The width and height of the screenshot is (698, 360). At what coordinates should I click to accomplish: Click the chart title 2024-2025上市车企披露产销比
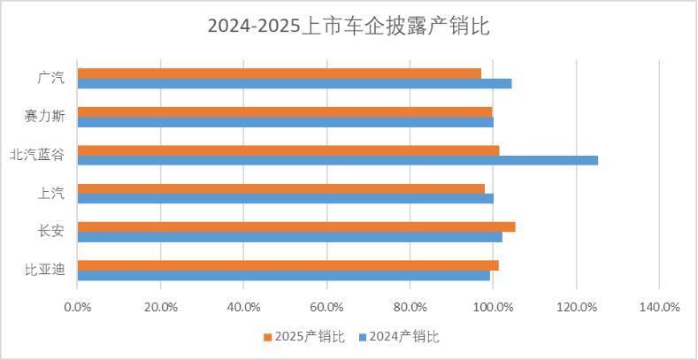[349, 27]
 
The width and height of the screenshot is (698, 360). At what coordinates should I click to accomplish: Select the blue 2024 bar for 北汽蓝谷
[337, 160]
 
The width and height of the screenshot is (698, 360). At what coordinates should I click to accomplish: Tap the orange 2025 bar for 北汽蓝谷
[288, 150]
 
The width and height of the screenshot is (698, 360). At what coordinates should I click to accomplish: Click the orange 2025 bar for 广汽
[280, 73]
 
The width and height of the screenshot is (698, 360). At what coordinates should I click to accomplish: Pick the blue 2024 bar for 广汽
[295, 83]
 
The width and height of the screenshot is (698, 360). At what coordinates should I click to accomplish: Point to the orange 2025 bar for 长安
[296, 227]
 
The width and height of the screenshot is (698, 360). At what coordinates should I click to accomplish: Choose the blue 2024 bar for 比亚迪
[284, 275]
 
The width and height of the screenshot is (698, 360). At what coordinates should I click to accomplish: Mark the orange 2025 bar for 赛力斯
[285, 111]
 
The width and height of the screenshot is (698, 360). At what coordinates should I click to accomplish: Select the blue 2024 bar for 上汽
[286, 198]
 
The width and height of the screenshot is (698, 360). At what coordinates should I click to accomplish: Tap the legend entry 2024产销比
[403, 336]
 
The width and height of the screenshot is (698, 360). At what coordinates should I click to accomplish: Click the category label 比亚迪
[46, 270]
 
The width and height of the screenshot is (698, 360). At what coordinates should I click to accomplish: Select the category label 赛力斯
[46, 116]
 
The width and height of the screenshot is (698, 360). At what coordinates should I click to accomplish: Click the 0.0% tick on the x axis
[78, 307]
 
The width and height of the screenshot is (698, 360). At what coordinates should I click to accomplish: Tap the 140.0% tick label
[659, 307]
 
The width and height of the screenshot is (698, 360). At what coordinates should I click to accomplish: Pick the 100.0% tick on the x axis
[493, 307]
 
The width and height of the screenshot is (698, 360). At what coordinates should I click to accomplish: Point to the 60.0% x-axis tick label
[326, 307]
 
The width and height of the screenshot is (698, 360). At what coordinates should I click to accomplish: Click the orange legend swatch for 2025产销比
[267, 337]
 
